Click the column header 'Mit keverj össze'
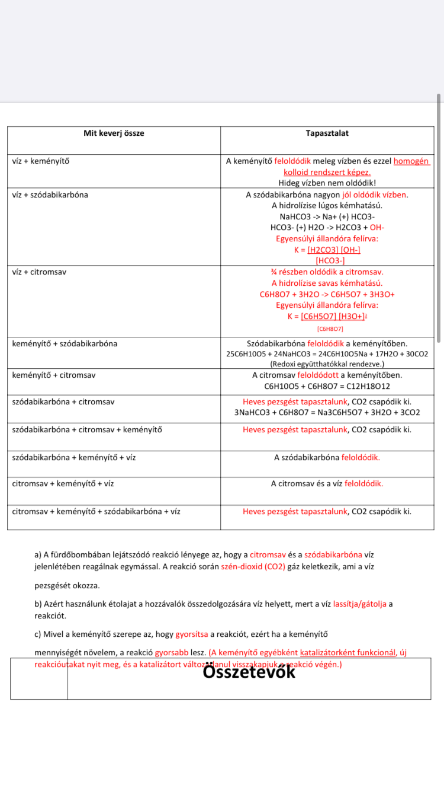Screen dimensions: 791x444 tap(114, 133)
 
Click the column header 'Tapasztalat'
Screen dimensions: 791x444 tap(327, 133)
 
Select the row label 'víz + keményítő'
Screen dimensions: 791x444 tap(41, 161)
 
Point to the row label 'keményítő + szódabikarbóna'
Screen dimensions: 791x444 tap(65, 343)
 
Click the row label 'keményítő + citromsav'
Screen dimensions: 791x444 tap(54, 375)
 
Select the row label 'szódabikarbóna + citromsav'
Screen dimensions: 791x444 tap(63, 401)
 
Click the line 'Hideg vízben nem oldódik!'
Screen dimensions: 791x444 tap(327, 183)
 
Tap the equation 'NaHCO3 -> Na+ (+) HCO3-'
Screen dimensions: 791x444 tap(327, 216)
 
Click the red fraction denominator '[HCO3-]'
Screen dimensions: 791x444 tap(330, 260)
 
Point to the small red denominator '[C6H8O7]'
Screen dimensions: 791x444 tap(330, 328)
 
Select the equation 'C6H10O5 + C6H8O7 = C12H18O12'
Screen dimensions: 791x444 tap(327, 386)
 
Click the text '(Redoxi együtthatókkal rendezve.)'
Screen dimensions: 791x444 tap(327, 364)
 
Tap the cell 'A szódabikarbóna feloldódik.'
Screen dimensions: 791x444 tap(327, 457)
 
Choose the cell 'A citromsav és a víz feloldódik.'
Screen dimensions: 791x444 tap(327, 483)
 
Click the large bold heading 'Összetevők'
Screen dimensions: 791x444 tap(249, 672)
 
